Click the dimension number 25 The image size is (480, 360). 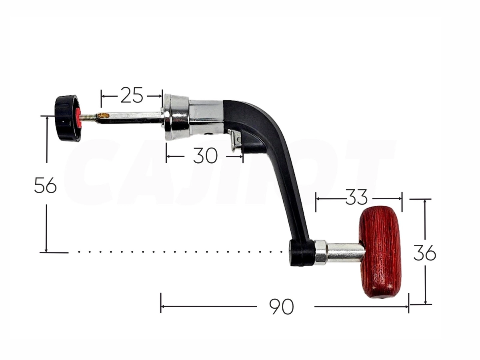tap(132, 95)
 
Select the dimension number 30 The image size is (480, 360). tap(205, 156)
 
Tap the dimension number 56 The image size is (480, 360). tap(46, 185)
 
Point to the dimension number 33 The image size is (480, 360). tap(356, 197)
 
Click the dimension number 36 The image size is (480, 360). tap(425, 253)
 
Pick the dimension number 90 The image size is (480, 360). tap(282, 306)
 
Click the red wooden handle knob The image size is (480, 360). tap(380, 252)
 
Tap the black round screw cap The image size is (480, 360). tap(67, 118)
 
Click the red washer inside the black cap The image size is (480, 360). tap(78, 118)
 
